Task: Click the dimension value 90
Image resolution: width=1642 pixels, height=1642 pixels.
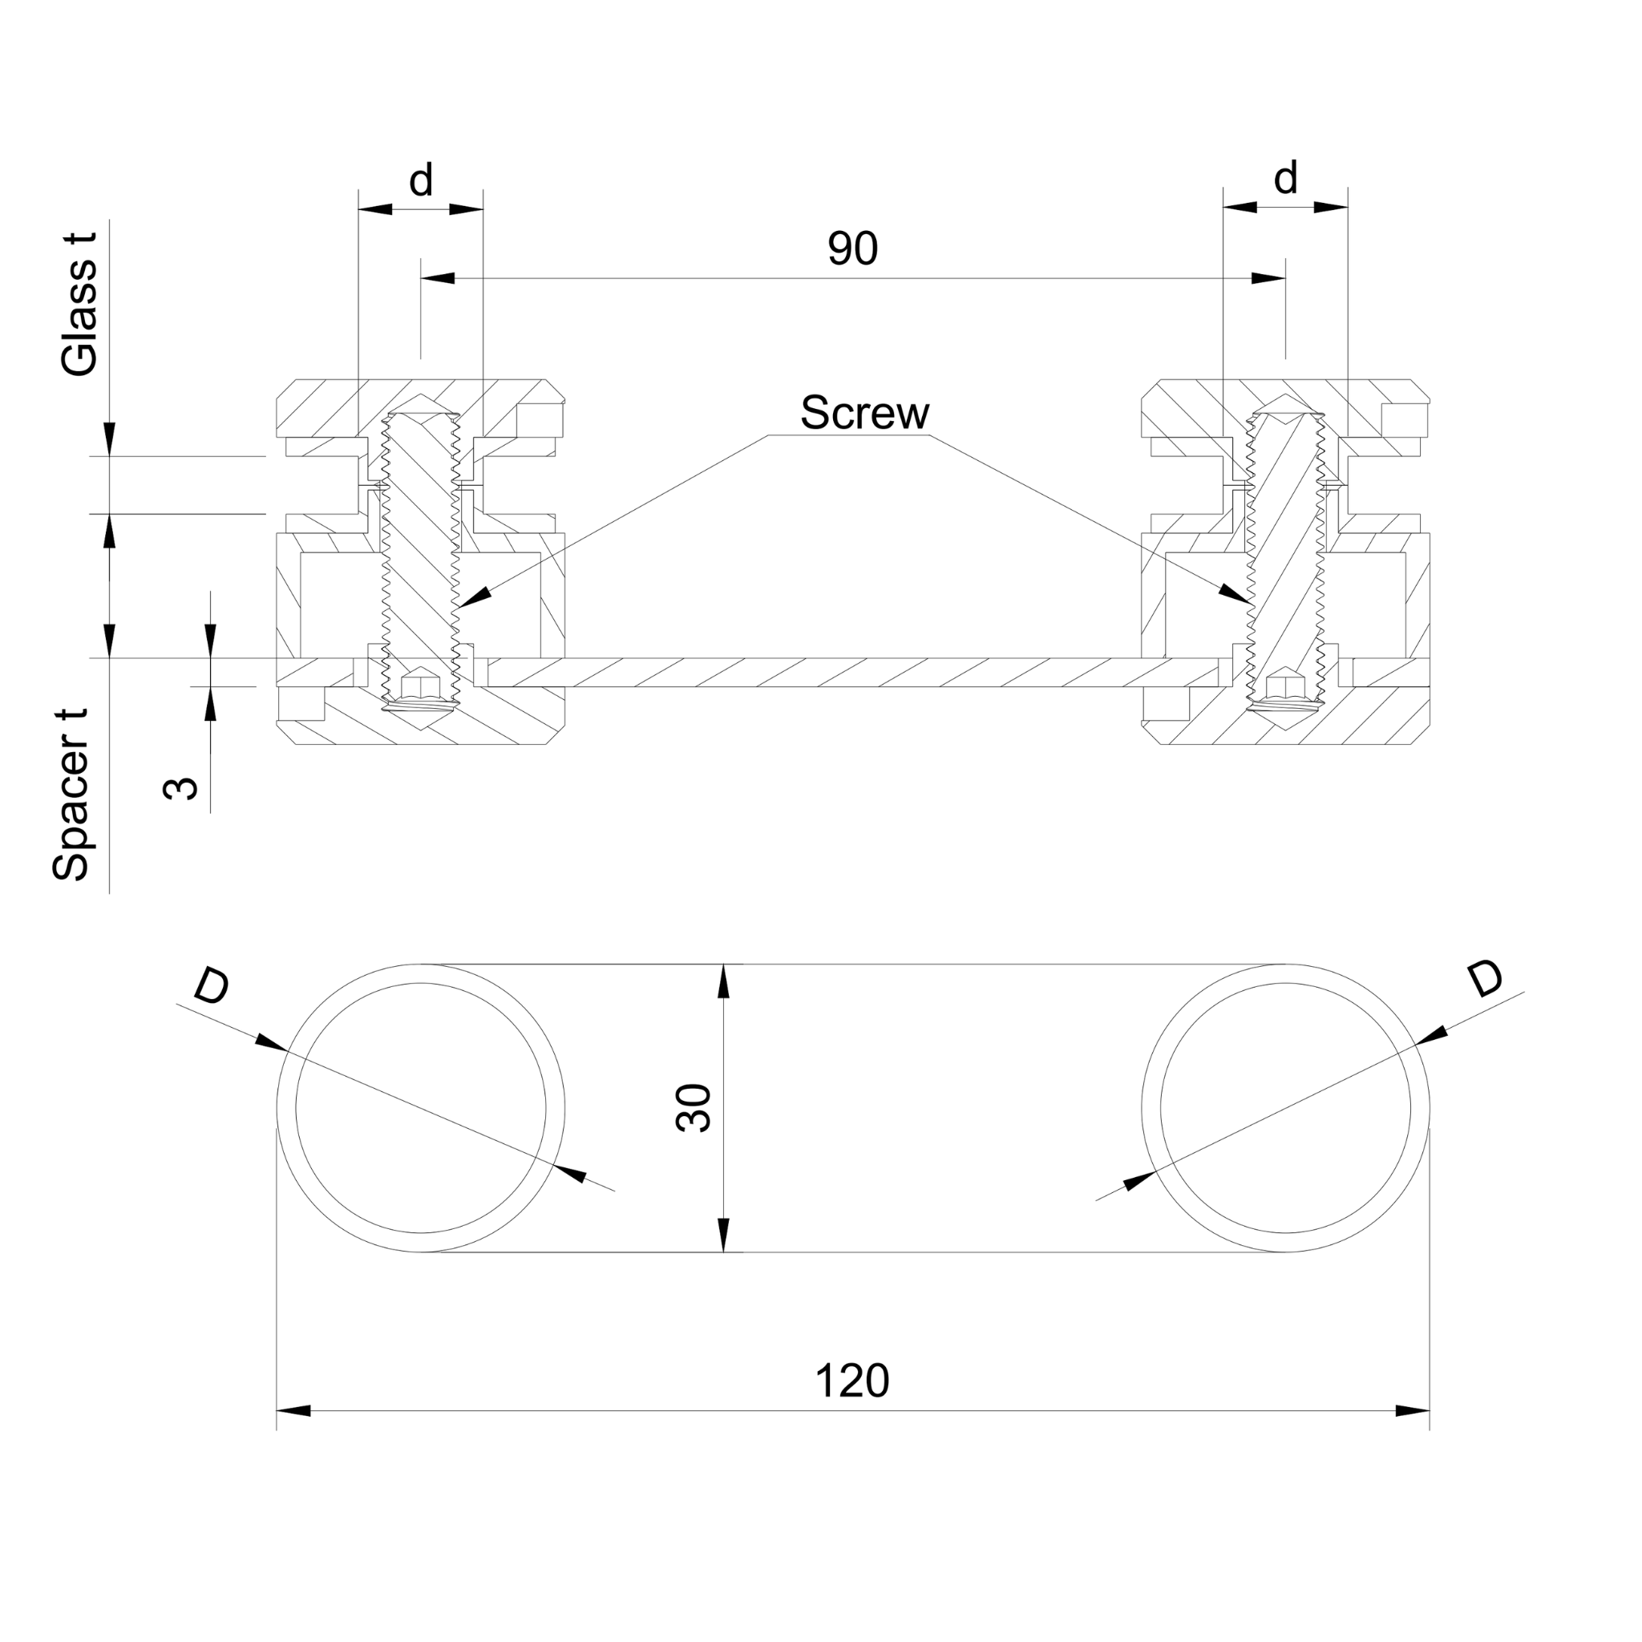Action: (x=852, y=249)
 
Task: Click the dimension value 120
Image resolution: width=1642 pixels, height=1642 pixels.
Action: (x=851, y=1381)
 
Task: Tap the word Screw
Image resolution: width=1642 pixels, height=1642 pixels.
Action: (x=864, y=413)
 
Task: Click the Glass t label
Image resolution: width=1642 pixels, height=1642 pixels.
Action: (x=80, y=304)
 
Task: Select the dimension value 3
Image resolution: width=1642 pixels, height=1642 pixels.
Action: (x=180, y=788)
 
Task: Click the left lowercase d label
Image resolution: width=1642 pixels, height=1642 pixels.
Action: (x=422, y=180)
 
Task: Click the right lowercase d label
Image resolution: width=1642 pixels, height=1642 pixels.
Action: (x=1286, y=179)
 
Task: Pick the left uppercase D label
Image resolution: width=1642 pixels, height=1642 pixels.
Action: (x=212, y=987)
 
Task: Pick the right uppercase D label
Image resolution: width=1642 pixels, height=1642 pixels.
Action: (x=1486, y=978)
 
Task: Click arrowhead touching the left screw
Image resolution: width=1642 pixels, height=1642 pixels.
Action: (x=475, y=597)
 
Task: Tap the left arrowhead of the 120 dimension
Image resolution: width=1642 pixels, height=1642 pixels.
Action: (x=294, y=1411)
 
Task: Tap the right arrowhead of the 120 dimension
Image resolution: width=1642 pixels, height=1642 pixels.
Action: (x=1413, y=1411)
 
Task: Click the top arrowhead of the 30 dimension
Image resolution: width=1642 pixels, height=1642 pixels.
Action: (x=723, y=981)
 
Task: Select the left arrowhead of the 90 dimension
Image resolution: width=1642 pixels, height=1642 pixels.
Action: (x=439, y=278)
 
